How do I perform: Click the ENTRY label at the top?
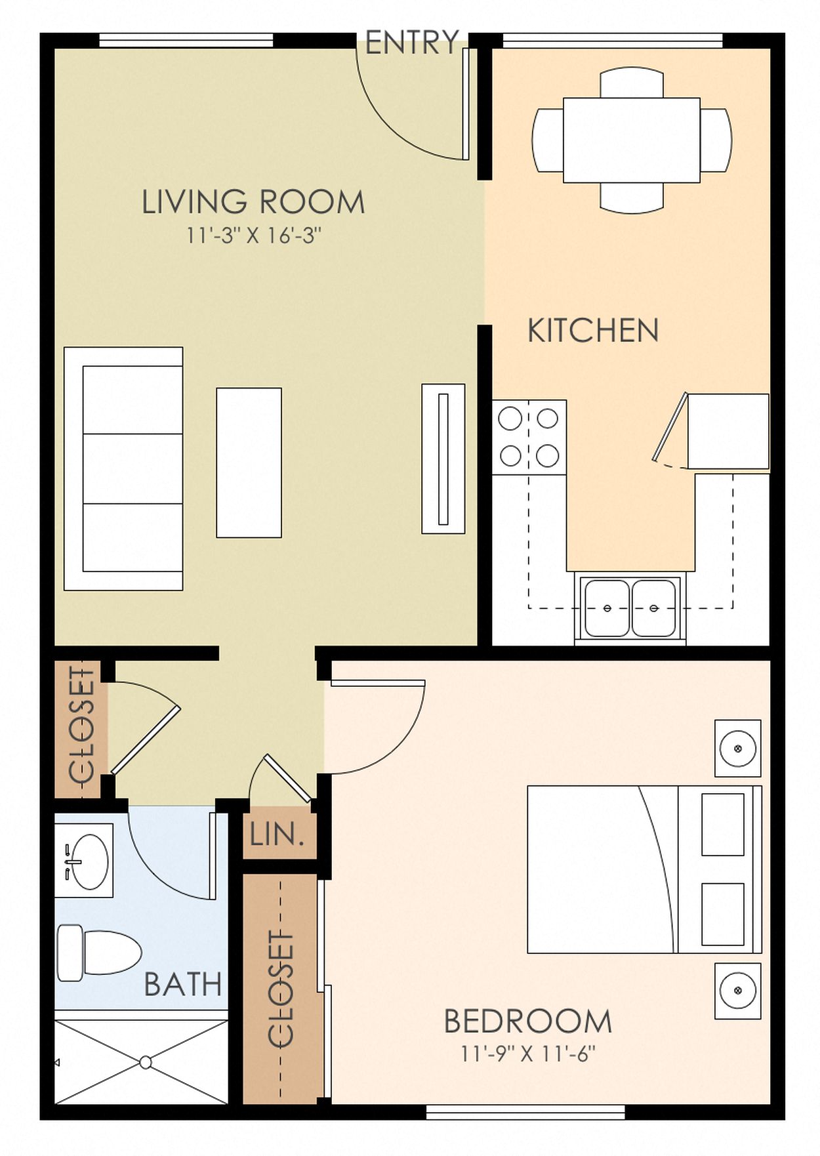point(412,43)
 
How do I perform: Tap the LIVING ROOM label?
point(253,202)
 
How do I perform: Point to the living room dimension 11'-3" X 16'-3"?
point(254,235)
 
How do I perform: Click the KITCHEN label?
point(593,331)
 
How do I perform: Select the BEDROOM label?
point(528,1022)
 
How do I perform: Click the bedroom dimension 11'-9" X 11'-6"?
point(528,1054)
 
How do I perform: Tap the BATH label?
point(183,984)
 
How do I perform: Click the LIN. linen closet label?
point(277,835)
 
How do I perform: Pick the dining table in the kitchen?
point(632,140)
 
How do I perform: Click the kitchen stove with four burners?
point(529,437)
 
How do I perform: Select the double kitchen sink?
point(630,608)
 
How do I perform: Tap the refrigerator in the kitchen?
point(728,431)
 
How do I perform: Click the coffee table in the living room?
point(249,463)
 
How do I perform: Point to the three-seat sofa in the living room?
point(123,468)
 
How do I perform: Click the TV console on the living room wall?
point(443,459)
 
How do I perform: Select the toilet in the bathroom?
point(99,953)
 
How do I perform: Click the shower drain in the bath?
point(146,1062)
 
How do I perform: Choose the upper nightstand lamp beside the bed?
point(738,748)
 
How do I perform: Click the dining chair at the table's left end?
point(548,140)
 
